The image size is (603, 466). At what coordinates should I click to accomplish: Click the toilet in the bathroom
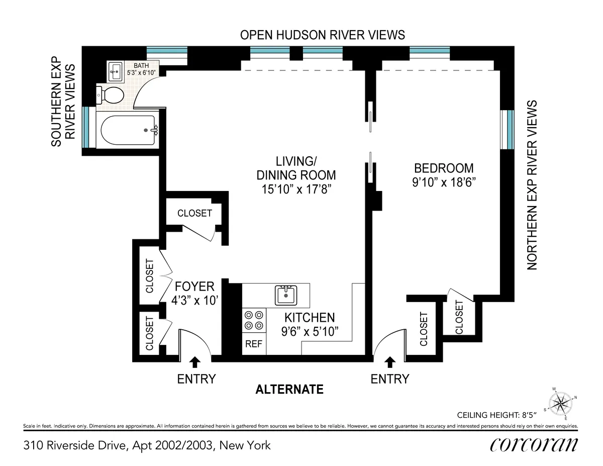pyautogui.click(x=112, y=94)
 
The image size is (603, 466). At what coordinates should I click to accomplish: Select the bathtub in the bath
pyautogui.click(x=129, y=131)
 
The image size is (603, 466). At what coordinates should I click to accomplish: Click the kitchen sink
pyautogui.click(x=286, y=295)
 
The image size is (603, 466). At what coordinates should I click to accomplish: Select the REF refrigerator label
pyautogui.click(x=254, y=344)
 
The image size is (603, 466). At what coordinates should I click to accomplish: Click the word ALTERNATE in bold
pyautogui.click(x=289, y=390)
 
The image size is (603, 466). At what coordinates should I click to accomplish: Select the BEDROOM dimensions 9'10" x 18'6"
pyautogui.click(x=444, y=182)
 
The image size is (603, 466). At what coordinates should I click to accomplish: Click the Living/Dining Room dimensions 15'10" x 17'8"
pyautogui.click(x=296, y=190)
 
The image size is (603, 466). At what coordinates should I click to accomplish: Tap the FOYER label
pyautogui.click(x=194, y=287)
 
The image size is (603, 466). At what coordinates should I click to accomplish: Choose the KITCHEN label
pyautogui.click(x=310, y=318)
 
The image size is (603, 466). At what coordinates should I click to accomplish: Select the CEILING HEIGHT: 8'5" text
pyautogui.click(x=497, y=415)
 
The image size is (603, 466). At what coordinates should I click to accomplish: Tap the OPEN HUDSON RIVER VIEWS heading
pyautogui.click(x=322, y=35)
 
